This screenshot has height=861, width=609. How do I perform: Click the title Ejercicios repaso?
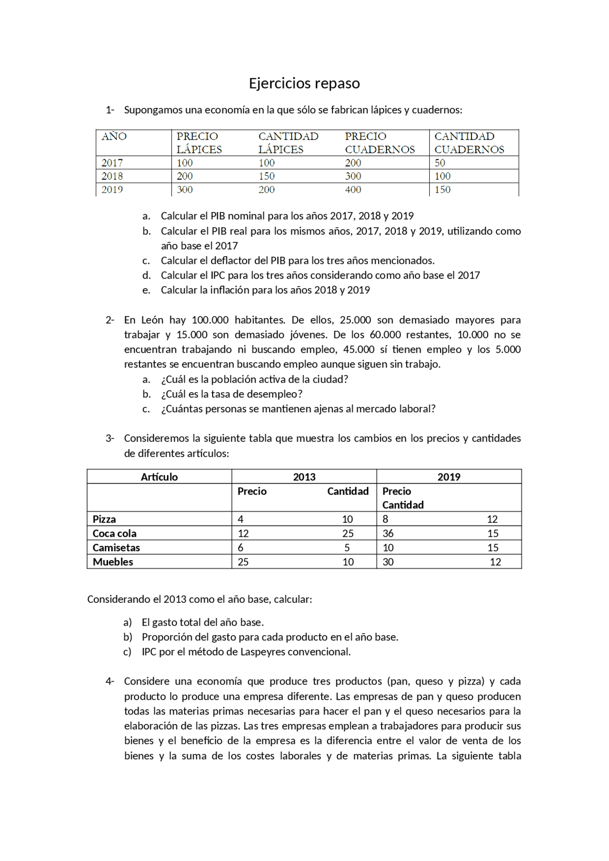[x=304, y=83]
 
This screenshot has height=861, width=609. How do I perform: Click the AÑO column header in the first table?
[x=114, y=136]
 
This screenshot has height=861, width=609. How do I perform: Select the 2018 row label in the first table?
[x=112, y=176]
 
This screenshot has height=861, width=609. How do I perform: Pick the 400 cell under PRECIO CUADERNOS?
[x=353, y=189]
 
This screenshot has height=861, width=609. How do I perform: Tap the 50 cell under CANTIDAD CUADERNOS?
[x=440, y=163]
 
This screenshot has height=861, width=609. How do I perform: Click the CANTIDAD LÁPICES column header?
[x=288, y=143]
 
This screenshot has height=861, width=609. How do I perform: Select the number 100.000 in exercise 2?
[x=210, y=320]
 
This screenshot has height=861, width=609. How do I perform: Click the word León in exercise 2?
[x=152, y=320]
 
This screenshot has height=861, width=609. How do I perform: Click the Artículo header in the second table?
[x=159, y=477]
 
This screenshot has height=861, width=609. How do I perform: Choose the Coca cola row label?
[x=114, y=533]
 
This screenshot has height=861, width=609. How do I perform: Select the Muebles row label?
[x=113, y=562]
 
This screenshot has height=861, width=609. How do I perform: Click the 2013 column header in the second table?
[x=304, y=477]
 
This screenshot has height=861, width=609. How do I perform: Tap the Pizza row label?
[x=104, y=519]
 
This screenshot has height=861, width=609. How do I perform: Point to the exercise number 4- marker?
[x=110, y=681]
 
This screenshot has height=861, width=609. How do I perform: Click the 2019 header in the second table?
[x=449, y=477]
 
